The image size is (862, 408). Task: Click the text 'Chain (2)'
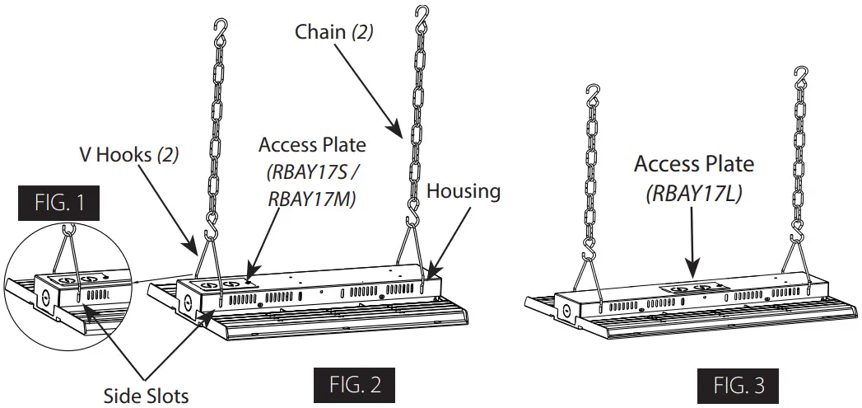pyautogui.click(x=333, y=34)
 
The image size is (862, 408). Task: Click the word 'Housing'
pyautogui.click(x=464, y=191)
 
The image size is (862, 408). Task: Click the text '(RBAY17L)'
pyautogui.click(x=693, y=194)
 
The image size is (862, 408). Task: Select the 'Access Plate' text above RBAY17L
pyautogui.click(x=693, y=163)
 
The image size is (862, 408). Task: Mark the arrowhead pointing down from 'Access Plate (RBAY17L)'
pyautogui.click(x=693, y=268)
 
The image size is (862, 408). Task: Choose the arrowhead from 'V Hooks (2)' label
pyautogui.click(x=195, y=251)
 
